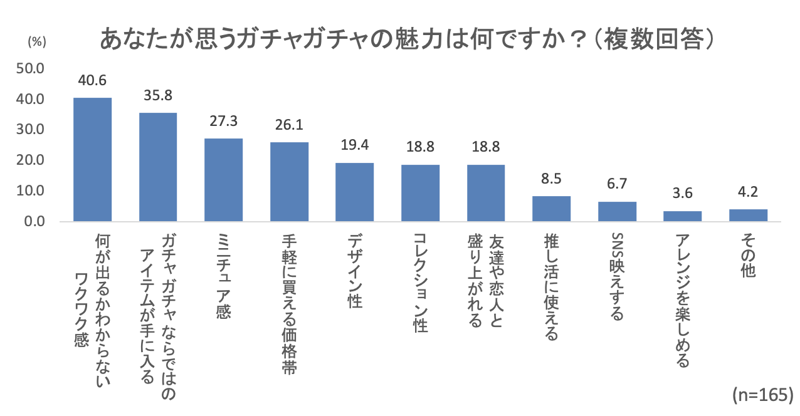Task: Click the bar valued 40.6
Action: point(93,160)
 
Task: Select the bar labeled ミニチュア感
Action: point(224,180)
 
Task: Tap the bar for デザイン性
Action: point(355,192)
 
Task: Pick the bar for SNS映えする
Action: point(617,212)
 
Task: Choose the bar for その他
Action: point(748,216)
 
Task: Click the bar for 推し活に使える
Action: point(552,209)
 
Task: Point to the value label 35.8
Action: point(158,96)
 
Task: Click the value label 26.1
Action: point(289,125)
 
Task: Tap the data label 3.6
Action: point(683,194)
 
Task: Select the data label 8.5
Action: point(552,179)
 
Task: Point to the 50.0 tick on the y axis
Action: point(30,68)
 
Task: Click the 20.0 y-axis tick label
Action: point(30,160)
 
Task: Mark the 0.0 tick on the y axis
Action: point(34,222)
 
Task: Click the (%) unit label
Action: point(37,42)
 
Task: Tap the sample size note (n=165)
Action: point(762,395)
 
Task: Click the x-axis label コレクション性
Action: point(420,283)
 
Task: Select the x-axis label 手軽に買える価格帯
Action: point(289,304)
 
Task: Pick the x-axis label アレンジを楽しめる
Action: point(683,300)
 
